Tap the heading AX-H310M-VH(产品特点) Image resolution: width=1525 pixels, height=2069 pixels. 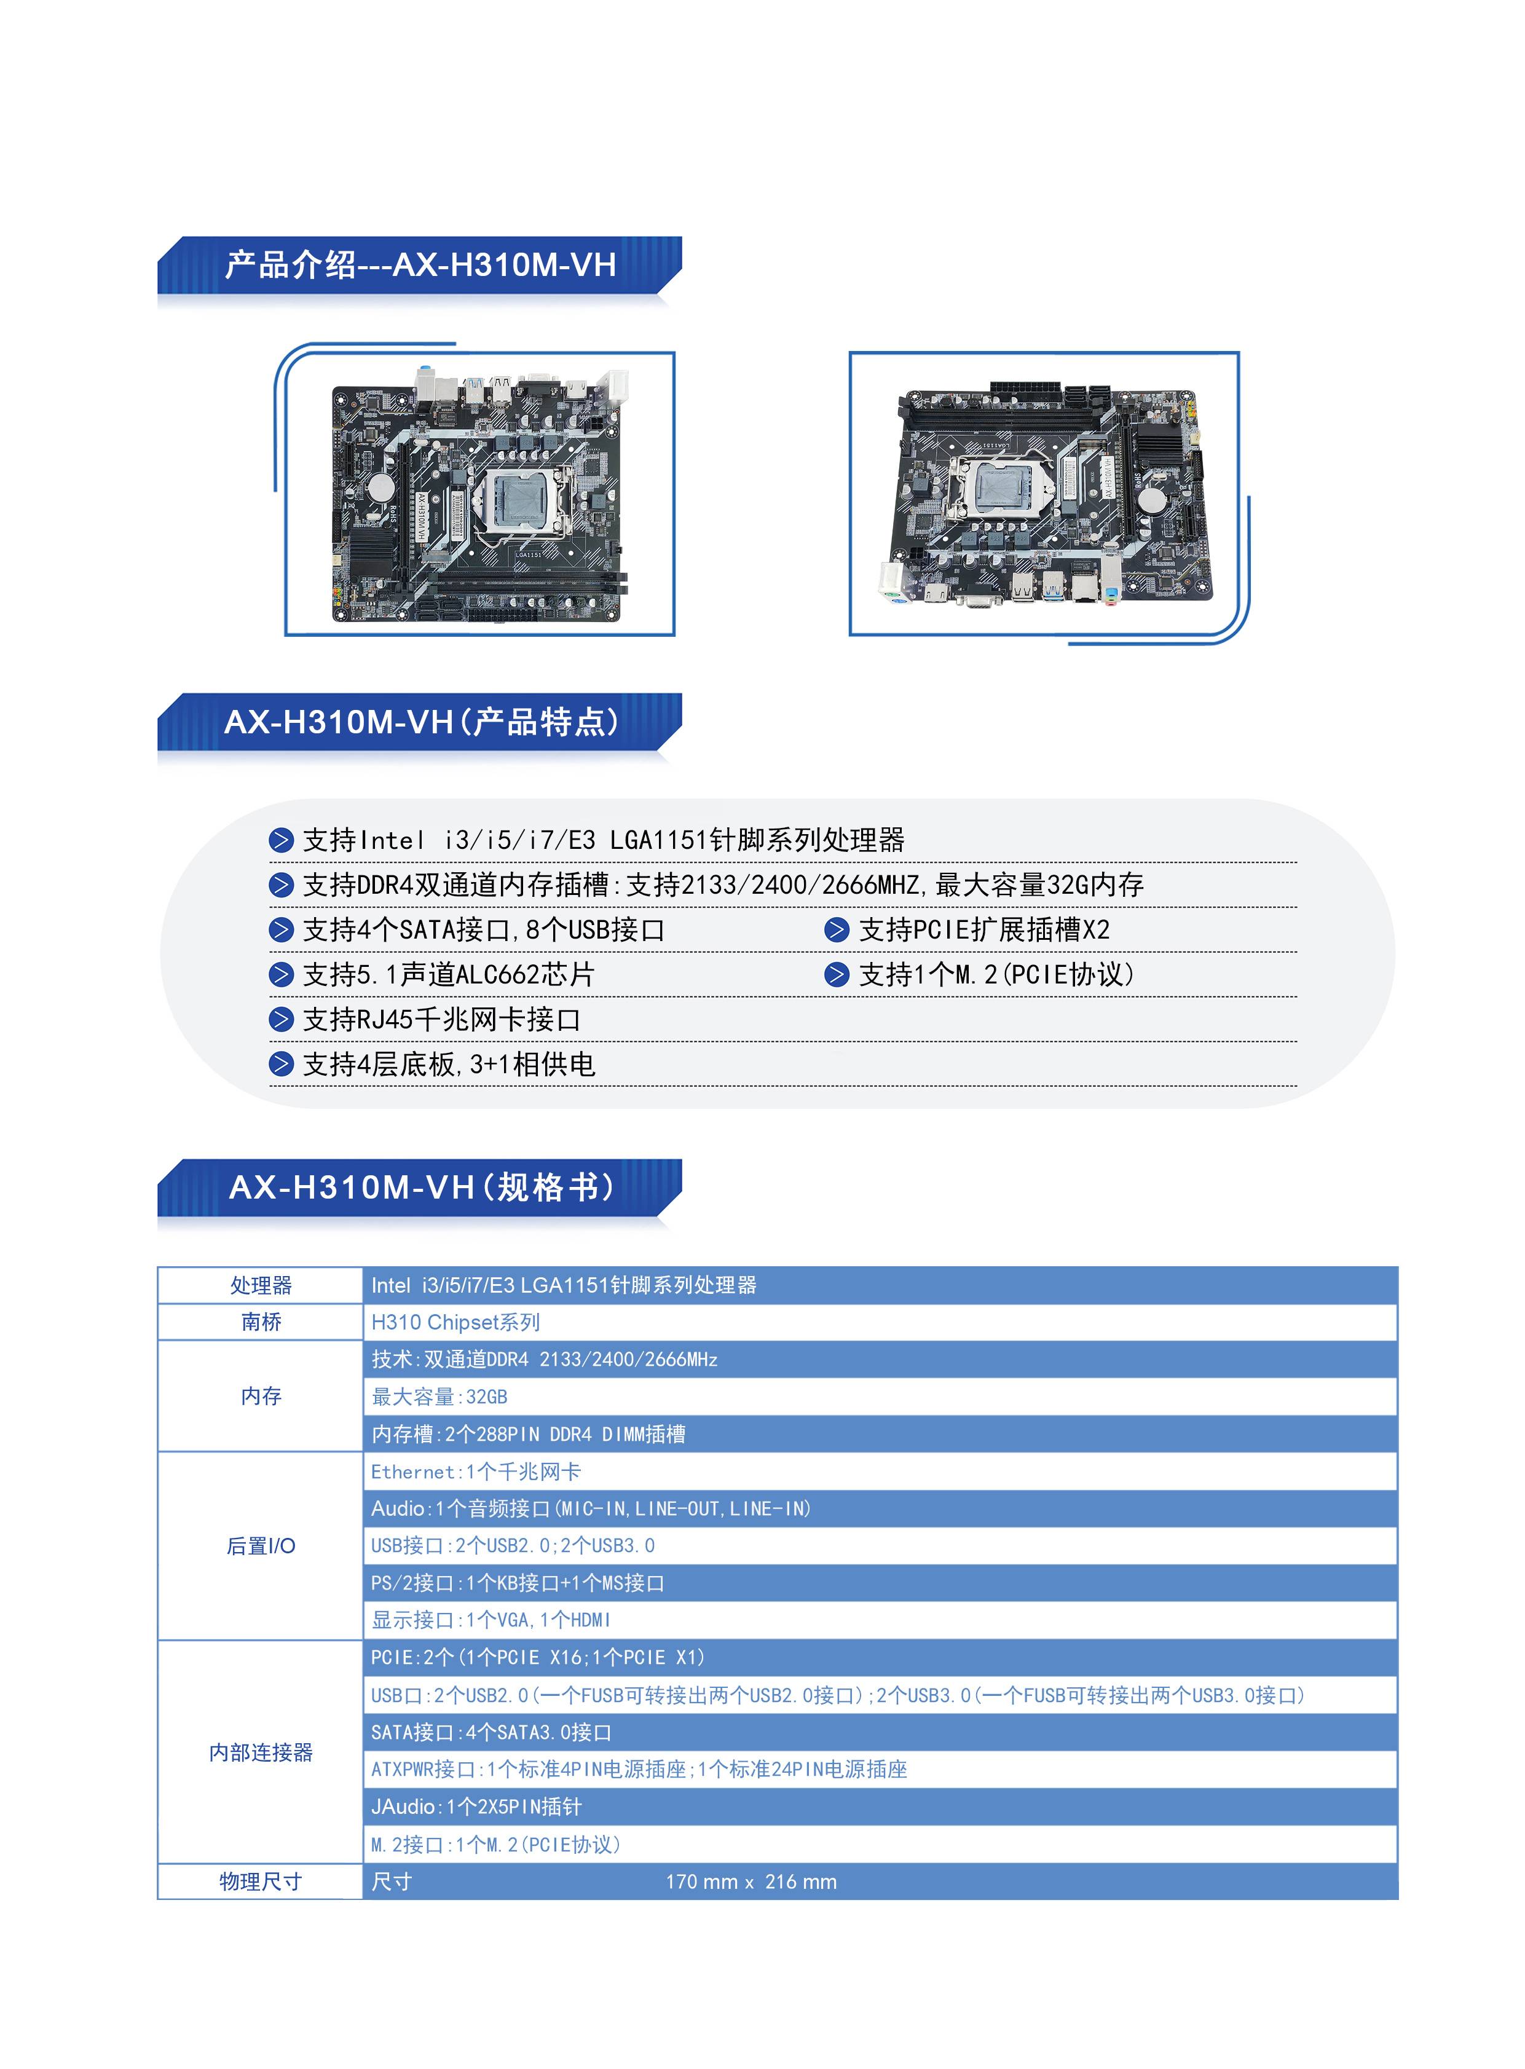point(422,721)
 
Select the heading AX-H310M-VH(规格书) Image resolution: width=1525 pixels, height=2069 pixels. point(422,1188)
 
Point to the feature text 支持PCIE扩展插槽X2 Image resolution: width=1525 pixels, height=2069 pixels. point(984,930)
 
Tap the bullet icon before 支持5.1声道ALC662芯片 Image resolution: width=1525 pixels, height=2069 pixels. point(281,975)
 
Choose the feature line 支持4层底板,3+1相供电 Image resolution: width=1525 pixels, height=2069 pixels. point(449,1065)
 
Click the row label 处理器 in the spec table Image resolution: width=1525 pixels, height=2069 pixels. point(261,1285)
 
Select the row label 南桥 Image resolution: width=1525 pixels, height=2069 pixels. point(261,1322)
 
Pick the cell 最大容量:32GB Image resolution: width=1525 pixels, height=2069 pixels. point(439,1397)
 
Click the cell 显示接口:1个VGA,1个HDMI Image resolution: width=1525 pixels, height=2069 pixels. point(491,1620)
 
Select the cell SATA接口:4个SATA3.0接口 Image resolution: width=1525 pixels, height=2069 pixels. point(491,1733)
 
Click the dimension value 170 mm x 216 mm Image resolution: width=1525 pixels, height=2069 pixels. point(751,1882)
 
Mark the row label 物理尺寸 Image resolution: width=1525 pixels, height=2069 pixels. point(261,1882)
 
